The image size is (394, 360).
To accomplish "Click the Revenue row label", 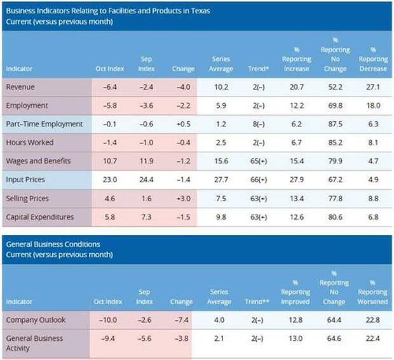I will pyautogui.click(x=20, y=87).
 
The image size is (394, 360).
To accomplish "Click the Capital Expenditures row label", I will pyautogui.click(x=39, y=217).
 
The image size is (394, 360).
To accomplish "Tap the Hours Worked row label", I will pyautogui.click(x=29, y=143).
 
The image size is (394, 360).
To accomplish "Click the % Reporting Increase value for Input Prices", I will pyautogui.click(x=295, y=180).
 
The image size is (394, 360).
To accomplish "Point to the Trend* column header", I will pyautogui.click(x=257, y=69).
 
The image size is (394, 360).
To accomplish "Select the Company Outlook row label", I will pyautogui.click(x=35, y=320).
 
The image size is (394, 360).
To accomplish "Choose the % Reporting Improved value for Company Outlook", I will pyautogui.click(x=295, y=320).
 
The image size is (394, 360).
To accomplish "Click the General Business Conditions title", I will pyautogui.click(x=53, y=244).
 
